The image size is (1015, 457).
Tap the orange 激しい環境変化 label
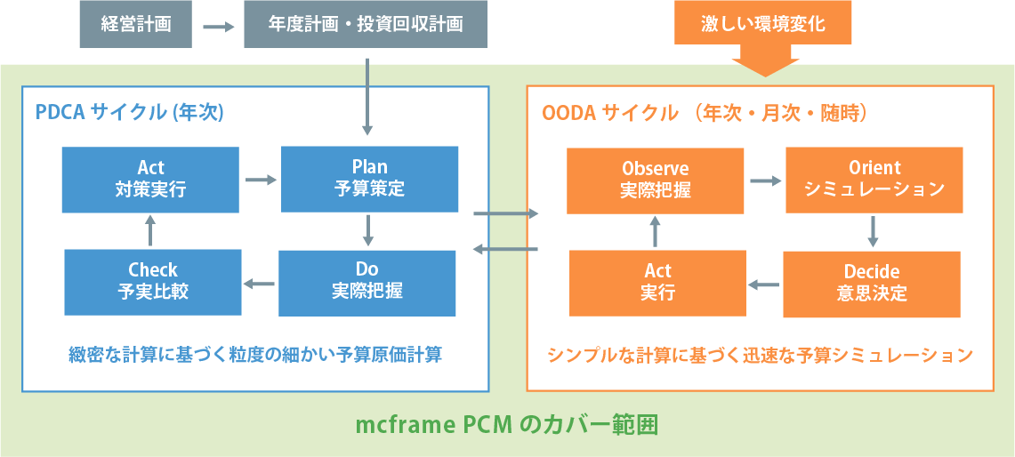pos(763,24)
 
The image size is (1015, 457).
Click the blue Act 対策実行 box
pos(150,179)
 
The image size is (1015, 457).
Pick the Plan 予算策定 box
pos(369,179)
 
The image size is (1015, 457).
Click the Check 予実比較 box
pos(153,281)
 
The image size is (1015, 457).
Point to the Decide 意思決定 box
pos(871,284)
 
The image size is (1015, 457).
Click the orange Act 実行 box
pos(657,283)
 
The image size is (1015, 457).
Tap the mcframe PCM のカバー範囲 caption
pos(507,425)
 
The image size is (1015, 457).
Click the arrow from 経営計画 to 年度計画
pos(218,27)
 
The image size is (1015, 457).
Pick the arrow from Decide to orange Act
pos(764,285)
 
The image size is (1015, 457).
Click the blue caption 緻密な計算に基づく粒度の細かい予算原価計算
pos(255,355)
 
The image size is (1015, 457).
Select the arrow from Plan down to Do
pos(367,230)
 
